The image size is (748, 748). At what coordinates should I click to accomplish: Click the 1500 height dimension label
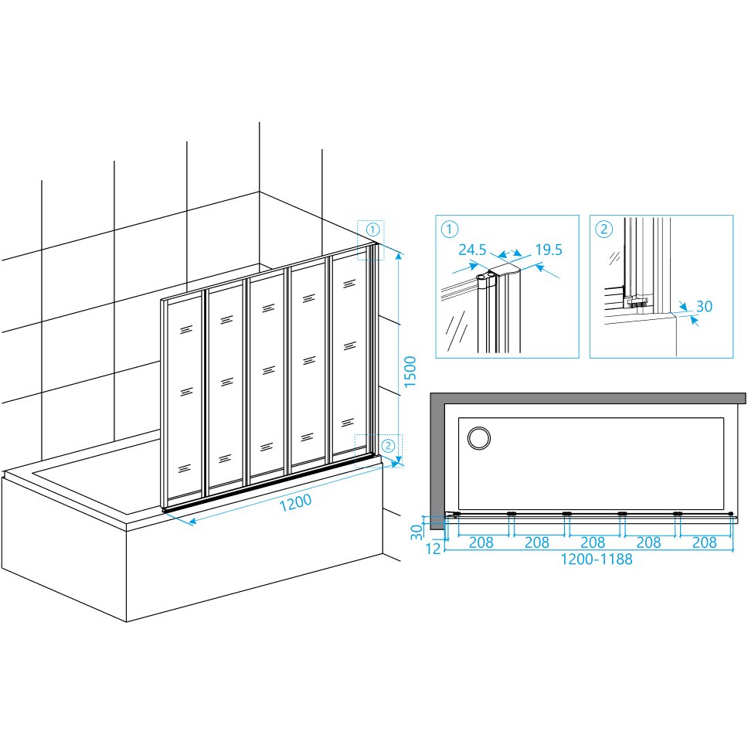pos(410,372)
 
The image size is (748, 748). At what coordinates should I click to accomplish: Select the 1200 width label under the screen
pos(295,503)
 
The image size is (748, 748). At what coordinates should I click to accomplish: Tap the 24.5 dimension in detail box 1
pos(472,250)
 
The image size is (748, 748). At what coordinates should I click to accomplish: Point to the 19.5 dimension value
pos(549,250)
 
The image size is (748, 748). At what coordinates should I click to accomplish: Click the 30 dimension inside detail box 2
pos(704,306)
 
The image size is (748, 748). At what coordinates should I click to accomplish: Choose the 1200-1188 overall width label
pos(597,559)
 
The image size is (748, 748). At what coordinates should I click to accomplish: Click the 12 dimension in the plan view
pos(433,549)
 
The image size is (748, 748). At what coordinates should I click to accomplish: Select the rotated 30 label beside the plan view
pos(417,532)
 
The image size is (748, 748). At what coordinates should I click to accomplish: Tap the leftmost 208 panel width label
pos(481,542)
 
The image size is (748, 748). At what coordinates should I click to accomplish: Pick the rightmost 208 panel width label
pos(704,542)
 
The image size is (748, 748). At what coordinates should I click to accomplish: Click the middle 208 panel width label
pos(593,542)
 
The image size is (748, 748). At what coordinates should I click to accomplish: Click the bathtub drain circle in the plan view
pos(479,438)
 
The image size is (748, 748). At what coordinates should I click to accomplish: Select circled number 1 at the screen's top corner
pos(373,230)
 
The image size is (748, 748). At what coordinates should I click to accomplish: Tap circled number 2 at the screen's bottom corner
pos(389,446)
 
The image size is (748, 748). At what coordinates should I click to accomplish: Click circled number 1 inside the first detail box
pos(450,229)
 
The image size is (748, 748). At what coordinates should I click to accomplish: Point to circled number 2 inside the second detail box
pos(604,229)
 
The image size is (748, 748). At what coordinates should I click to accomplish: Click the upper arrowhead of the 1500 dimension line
pos(399,256)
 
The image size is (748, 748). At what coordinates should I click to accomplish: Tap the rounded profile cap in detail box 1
pos(505,274)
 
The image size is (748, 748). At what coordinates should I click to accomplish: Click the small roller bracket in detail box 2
pos(636,301)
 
